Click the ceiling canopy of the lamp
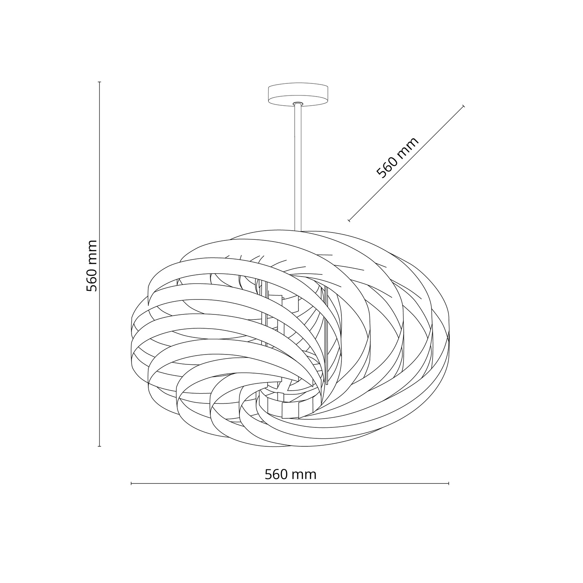[298, 95]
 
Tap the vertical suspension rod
[298, 168]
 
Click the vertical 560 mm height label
[92, 266]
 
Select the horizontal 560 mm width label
[290, 474]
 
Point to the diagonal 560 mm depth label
[398, 158]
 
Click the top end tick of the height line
[99, 82]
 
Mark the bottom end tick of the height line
[99, 446]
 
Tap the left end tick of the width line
[131, 484]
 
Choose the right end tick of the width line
[449, 484]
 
